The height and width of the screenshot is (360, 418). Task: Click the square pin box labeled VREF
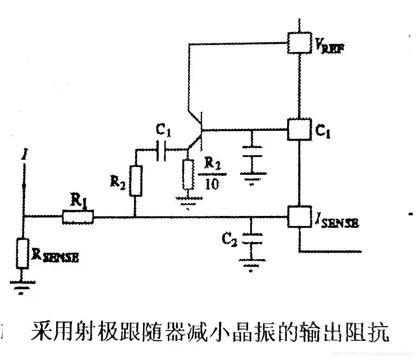coord(299,43)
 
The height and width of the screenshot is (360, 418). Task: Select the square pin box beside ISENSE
coord(299,216)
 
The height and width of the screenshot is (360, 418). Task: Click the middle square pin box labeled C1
coord(299,129)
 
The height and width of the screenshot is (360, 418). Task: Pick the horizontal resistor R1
coord(78,217)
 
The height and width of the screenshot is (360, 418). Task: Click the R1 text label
coord(78,200)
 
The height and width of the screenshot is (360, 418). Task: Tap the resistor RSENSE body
coord(23,253)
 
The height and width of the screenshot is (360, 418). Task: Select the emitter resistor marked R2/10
coord(188,174)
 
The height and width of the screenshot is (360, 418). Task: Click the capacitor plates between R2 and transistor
coord(162,150)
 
